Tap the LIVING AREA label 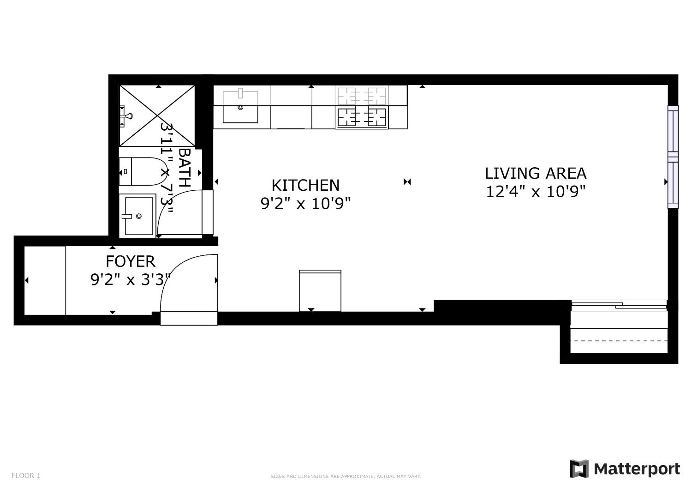click(536, 173)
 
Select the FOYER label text click(131, 261)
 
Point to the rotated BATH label click(185, 168)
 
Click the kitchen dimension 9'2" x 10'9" click(306, 203)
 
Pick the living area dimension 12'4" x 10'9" click(536, 191)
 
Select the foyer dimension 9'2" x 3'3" click(131, 279)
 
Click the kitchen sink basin click(240, 107)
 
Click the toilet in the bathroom click(143, 171)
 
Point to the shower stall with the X click(157, 116)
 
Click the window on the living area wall click(673, 157)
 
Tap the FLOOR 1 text click(26, 476)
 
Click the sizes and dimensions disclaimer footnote click(346, 476)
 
